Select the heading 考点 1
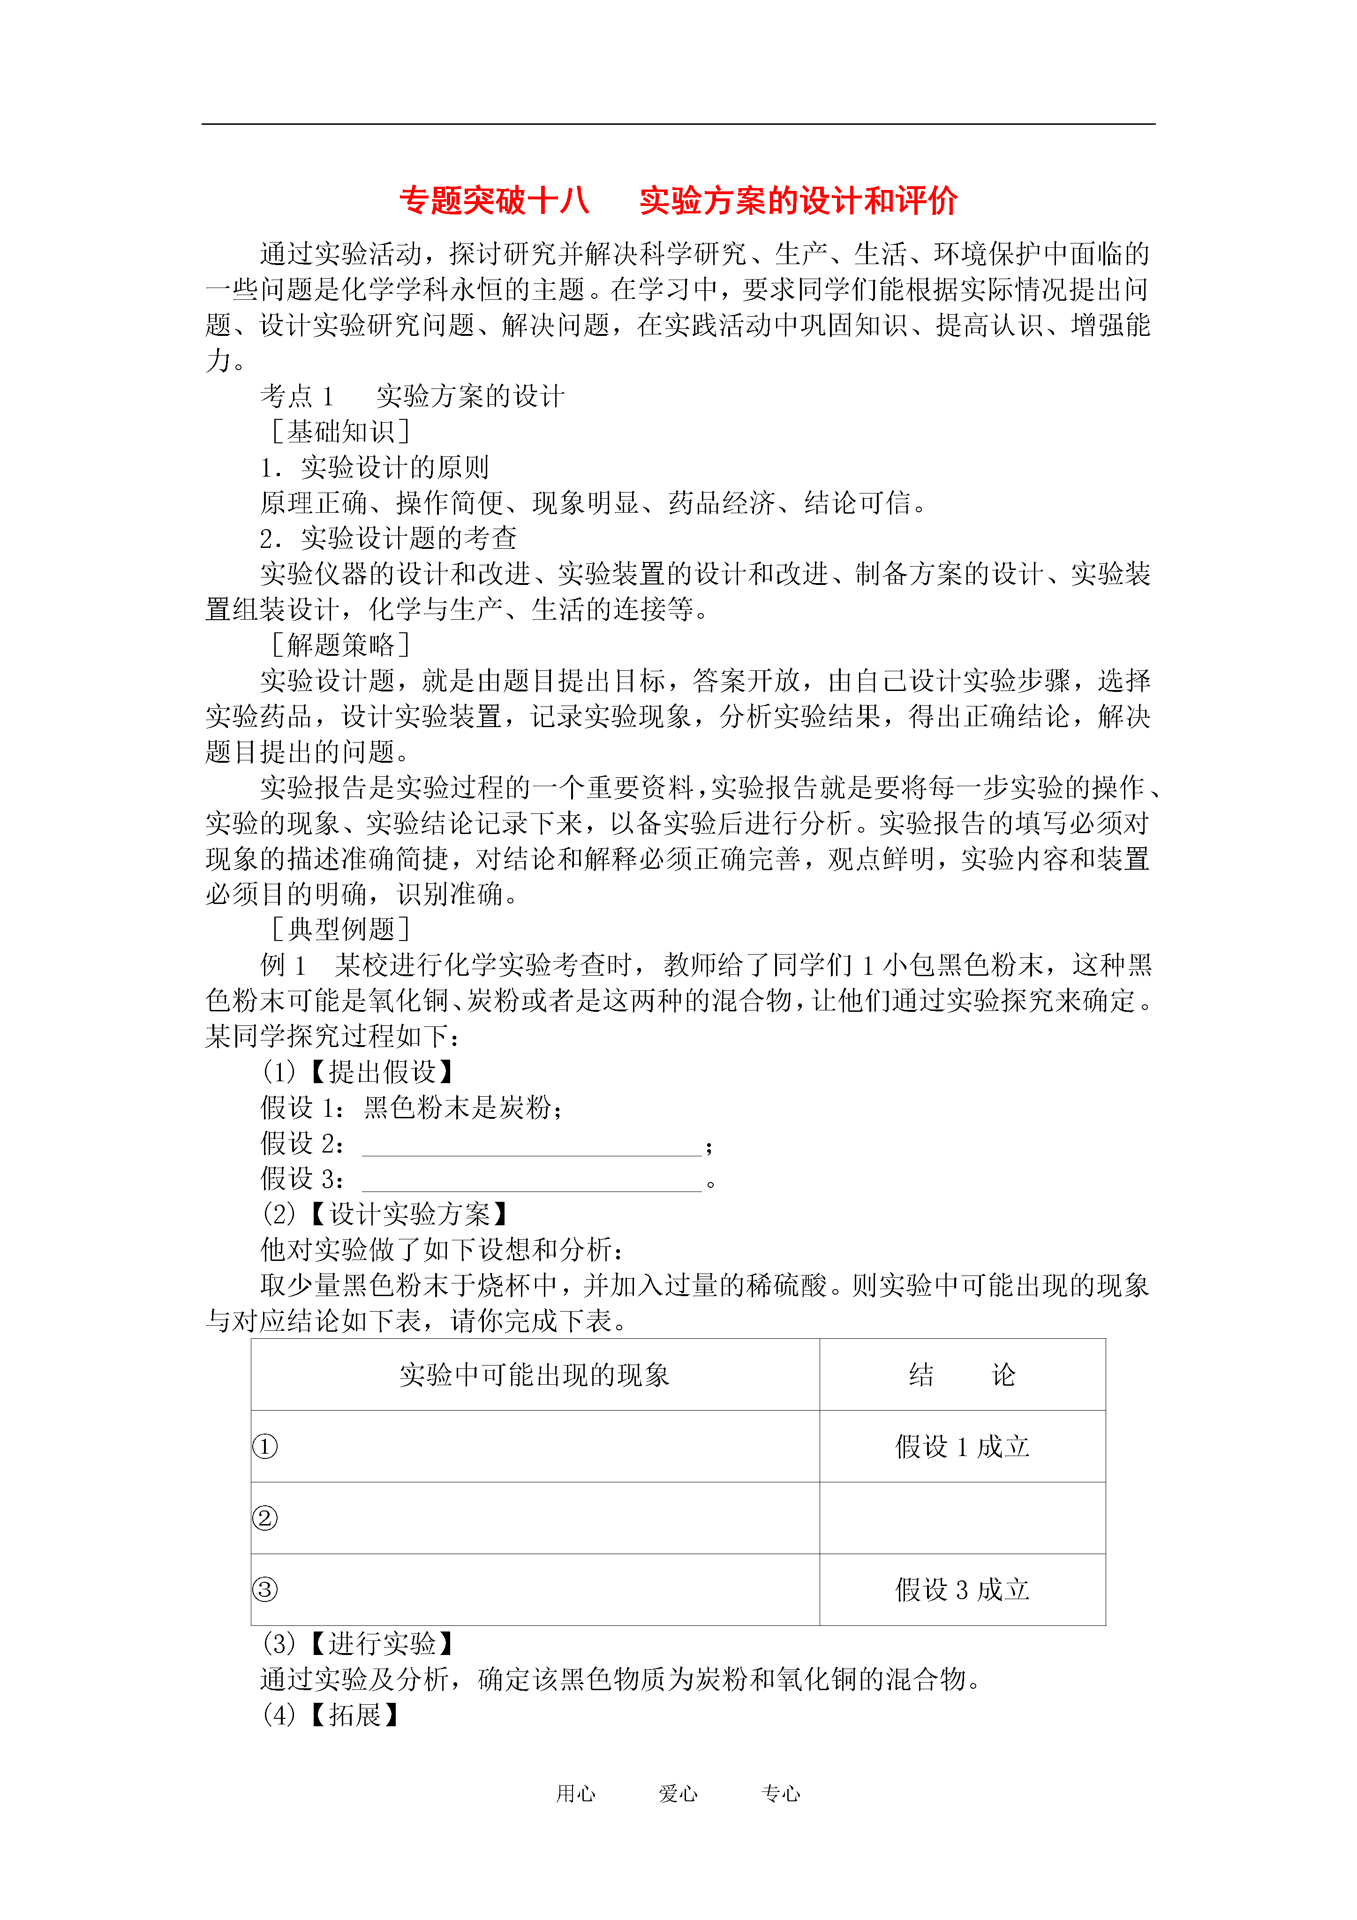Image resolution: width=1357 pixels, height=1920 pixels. click(x=297, y=395)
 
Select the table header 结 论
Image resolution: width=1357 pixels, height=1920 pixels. click(x=962, y=1375)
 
